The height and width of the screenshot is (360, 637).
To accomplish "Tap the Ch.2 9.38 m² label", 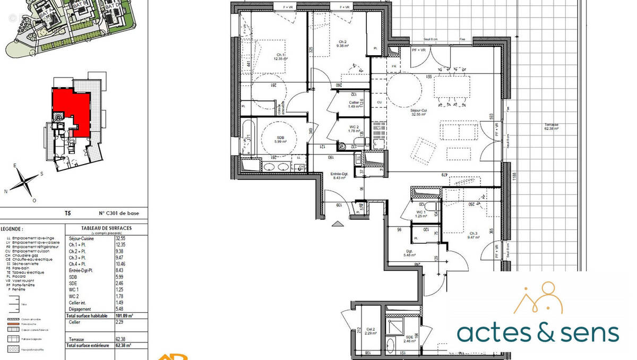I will point(341,44).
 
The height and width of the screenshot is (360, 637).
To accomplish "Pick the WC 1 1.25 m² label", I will point(421,214).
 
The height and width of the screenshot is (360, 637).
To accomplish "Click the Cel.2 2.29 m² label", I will point(370,331).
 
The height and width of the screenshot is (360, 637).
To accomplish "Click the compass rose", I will point(24,183).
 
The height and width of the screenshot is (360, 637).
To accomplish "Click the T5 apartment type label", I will point(67,214).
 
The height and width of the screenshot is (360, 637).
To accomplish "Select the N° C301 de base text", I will point(116,214).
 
